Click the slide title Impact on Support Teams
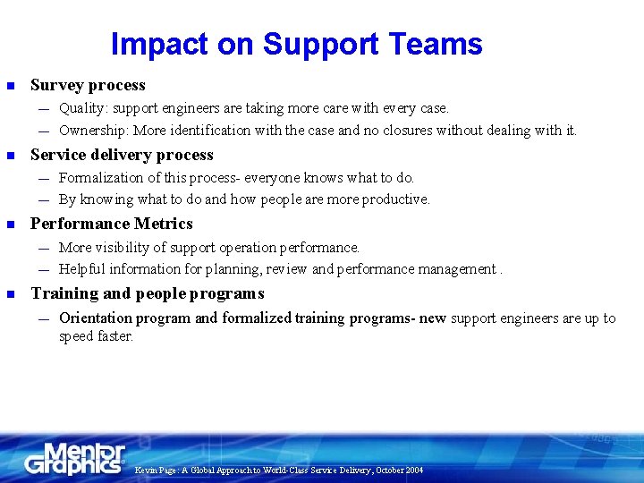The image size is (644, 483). click(296, 44)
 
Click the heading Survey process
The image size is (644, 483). click(88, 85)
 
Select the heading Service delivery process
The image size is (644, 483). click(122, 155)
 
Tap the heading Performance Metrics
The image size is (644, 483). click(112, 224)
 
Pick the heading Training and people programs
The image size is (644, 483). click(148, 293)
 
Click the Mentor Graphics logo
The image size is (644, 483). click(75, 458)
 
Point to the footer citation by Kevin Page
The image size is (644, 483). click(278, 470)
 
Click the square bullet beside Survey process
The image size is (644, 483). click(11, 86)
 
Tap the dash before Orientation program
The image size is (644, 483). click(44, 318)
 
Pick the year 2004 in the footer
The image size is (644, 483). click(413, 470)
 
